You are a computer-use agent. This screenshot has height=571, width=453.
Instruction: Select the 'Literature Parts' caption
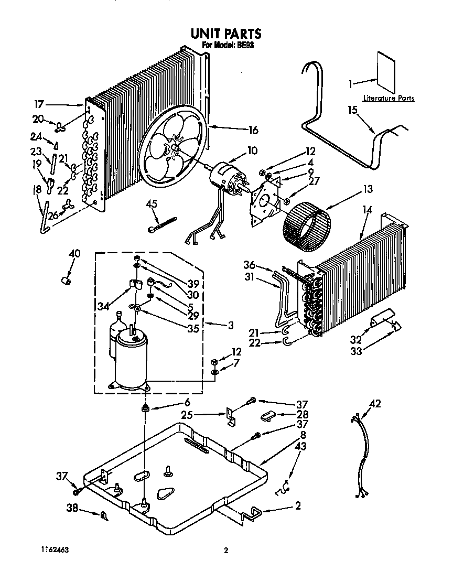click(389, 98)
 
